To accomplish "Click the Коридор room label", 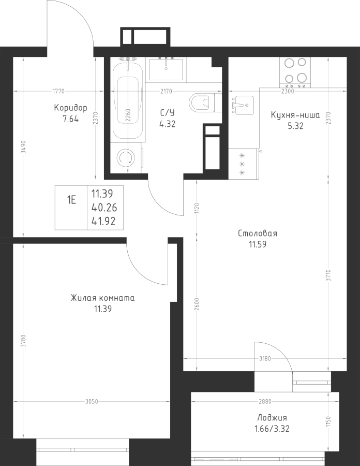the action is point(71,108).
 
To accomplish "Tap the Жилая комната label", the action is point(103,298).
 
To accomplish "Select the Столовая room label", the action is point(258,234).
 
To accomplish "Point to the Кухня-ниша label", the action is point(295,115).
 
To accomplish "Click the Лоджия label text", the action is point(272,418).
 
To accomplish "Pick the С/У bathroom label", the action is point(168,113).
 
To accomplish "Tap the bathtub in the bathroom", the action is point(128,99).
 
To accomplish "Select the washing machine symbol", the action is point(127,158).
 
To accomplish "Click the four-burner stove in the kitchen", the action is point(295,72).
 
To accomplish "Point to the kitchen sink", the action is point(242,105).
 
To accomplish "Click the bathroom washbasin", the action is point(166,69).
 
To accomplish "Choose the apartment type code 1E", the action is point(71,200).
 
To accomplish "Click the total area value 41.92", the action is point(104,222).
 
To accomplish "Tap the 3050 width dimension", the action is point(92,402).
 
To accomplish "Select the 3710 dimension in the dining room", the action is point(328,275).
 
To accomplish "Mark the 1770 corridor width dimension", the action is point(58,91).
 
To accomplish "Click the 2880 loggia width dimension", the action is point(265,401).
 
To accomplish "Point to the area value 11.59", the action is point(258,244).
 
